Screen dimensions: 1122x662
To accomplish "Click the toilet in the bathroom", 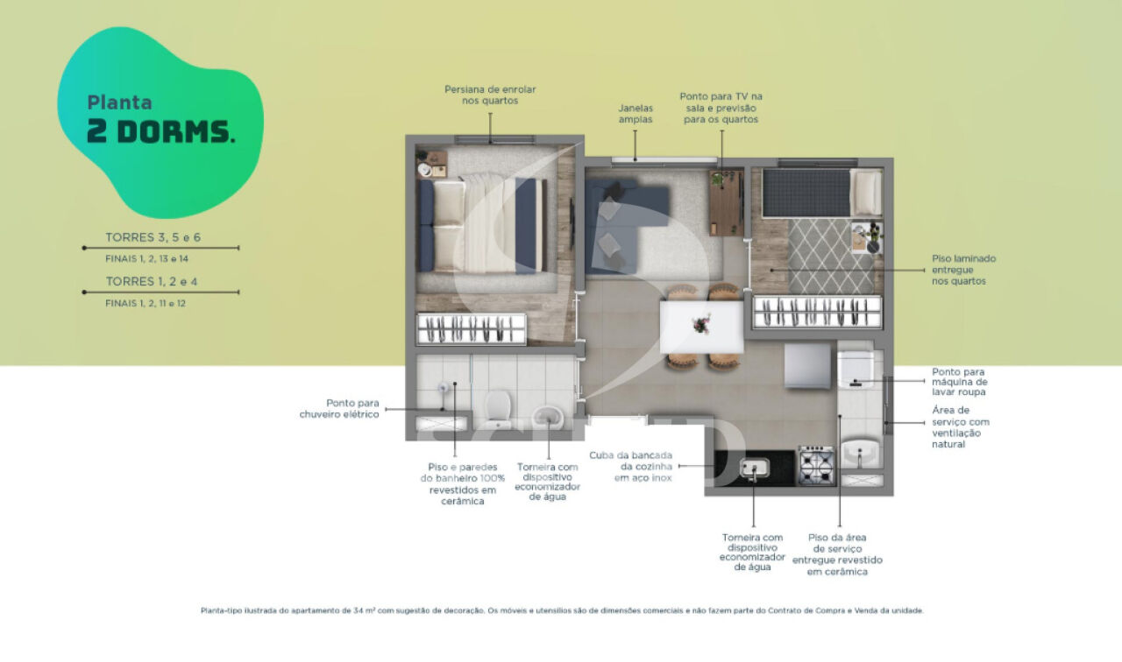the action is (x=497, y=409).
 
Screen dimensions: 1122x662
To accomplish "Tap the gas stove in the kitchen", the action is (x=816, y=465).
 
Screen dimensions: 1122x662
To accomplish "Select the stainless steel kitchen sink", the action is (x=755, y=468).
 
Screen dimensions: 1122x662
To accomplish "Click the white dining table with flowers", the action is (x=701, y=327).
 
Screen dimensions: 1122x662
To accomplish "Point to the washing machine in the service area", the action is (x=856, y=370).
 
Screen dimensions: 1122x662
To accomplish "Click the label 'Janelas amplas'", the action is (x=636, y=114).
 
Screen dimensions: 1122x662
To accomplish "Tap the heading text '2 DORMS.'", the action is (x=160, y=132).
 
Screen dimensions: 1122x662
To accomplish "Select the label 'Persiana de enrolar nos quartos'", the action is (x=490, y=95).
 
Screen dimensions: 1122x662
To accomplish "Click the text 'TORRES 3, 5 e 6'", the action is (x=153, y=237).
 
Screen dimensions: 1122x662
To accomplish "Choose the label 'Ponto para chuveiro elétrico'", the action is (x=339, y=409).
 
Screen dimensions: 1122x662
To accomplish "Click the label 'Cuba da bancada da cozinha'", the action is (x=630, y=461).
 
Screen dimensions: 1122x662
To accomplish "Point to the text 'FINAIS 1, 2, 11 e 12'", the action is (x=146, y=303).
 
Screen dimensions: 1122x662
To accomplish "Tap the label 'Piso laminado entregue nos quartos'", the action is (x=963, y=270).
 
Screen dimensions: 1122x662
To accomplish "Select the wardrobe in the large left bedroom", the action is (x=472, y=328).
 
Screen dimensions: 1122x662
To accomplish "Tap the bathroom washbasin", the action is (x=548, y=417).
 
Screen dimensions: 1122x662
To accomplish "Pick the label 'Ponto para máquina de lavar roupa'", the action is (x=960, y=382).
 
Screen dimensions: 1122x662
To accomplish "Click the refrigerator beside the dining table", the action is (x=807, y=366).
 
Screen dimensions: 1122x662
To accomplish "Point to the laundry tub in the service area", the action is (x=860, y=453).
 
